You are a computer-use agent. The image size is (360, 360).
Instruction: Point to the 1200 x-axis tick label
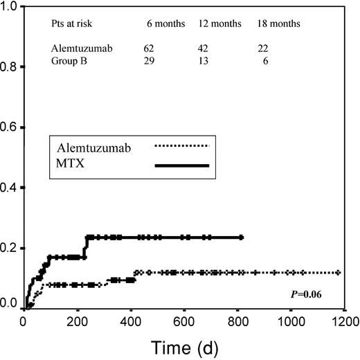pyautogui.click(x=343, y=321)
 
